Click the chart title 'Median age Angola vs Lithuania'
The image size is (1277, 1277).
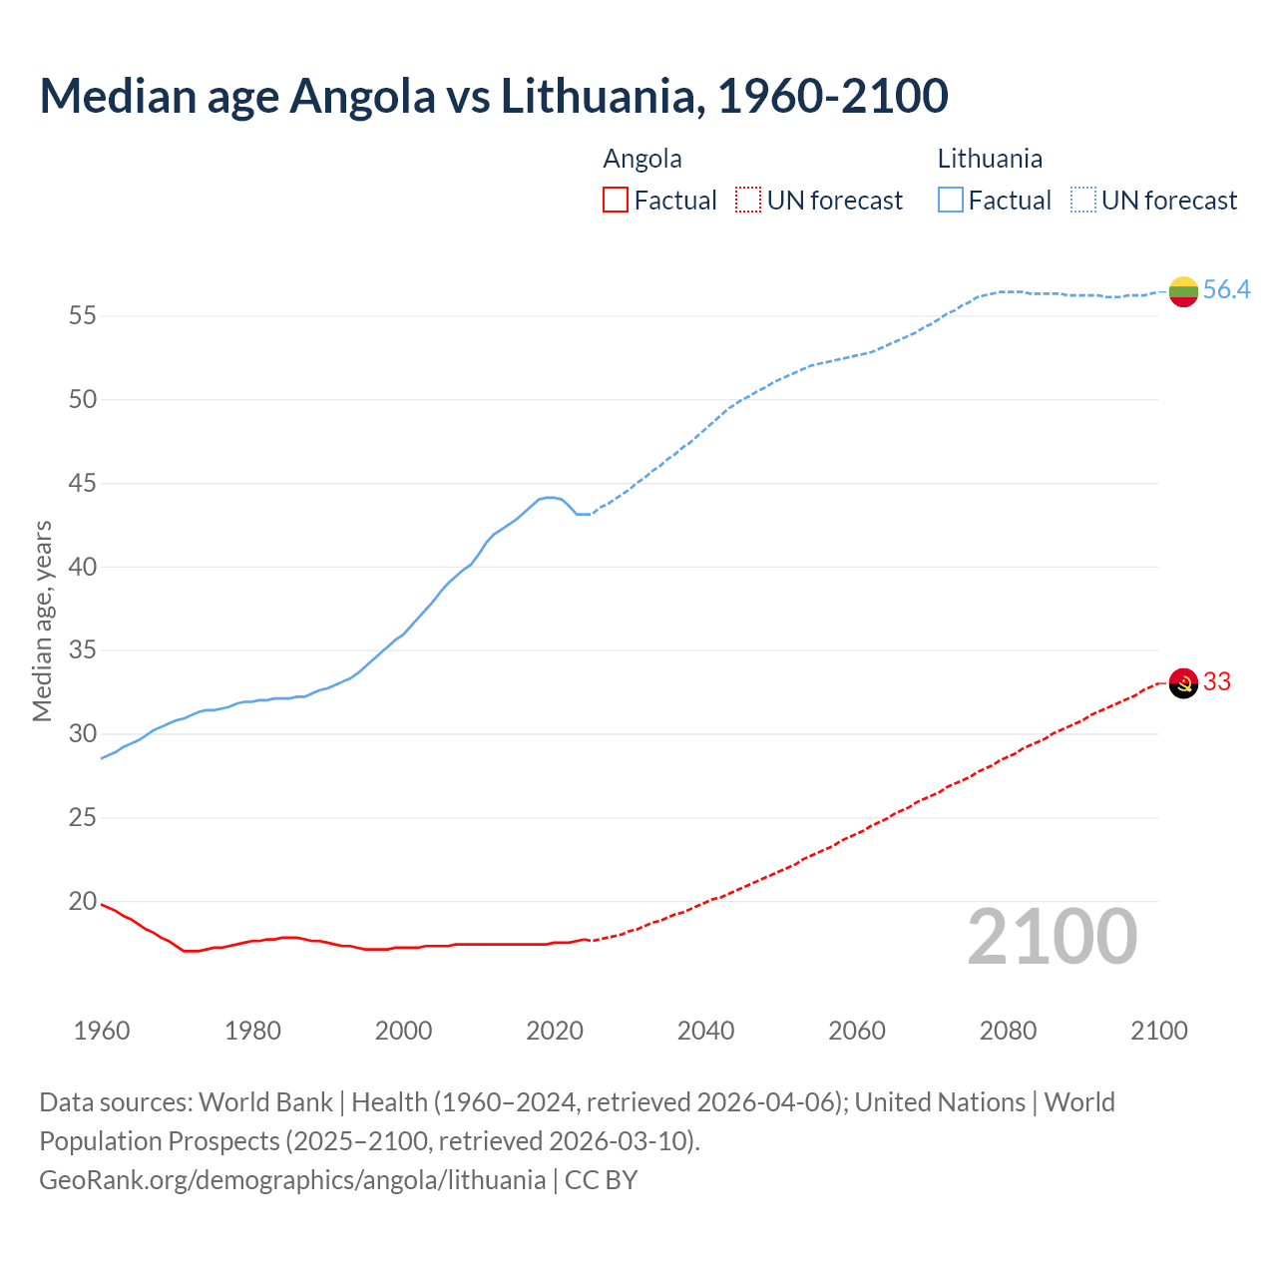493,96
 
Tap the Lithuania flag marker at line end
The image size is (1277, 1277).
1183,291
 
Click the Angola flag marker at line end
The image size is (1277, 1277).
1183,683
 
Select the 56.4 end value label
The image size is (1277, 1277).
1226,290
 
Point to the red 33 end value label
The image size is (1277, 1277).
1217,682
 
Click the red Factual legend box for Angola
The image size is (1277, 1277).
616,201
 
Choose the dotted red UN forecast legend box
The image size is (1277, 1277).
748,201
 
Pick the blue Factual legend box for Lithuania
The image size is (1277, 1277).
951,201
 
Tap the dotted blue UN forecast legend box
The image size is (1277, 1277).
1083,201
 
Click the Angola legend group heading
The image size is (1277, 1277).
642,159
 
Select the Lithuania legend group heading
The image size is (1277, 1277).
990,159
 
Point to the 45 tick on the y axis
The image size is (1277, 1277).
82,484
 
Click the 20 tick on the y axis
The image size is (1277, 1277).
82,902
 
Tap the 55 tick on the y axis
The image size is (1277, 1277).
82,316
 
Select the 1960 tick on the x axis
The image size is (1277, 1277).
102,1031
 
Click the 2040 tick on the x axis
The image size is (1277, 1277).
705,1031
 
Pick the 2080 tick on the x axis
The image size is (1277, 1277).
1008,1031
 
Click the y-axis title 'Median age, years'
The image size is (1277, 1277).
42,621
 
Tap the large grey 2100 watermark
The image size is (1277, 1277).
1053,937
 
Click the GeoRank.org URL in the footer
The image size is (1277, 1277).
292,1180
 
